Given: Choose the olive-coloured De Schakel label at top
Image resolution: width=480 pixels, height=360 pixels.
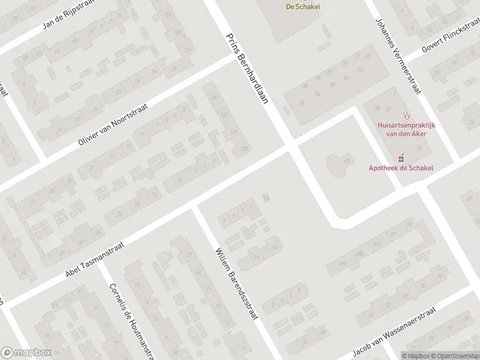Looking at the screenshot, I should (x=302, y=7).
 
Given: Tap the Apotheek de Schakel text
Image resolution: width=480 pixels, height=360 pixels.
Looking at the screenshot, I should (x=400, y=169).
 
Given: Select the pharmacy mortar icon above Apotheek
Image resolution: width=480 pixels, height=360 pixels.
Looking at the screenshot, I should (x=401, y=158).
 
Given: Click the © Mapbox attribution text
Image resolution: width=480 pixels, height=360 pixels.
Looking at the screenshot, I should (x=416, y=355).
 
